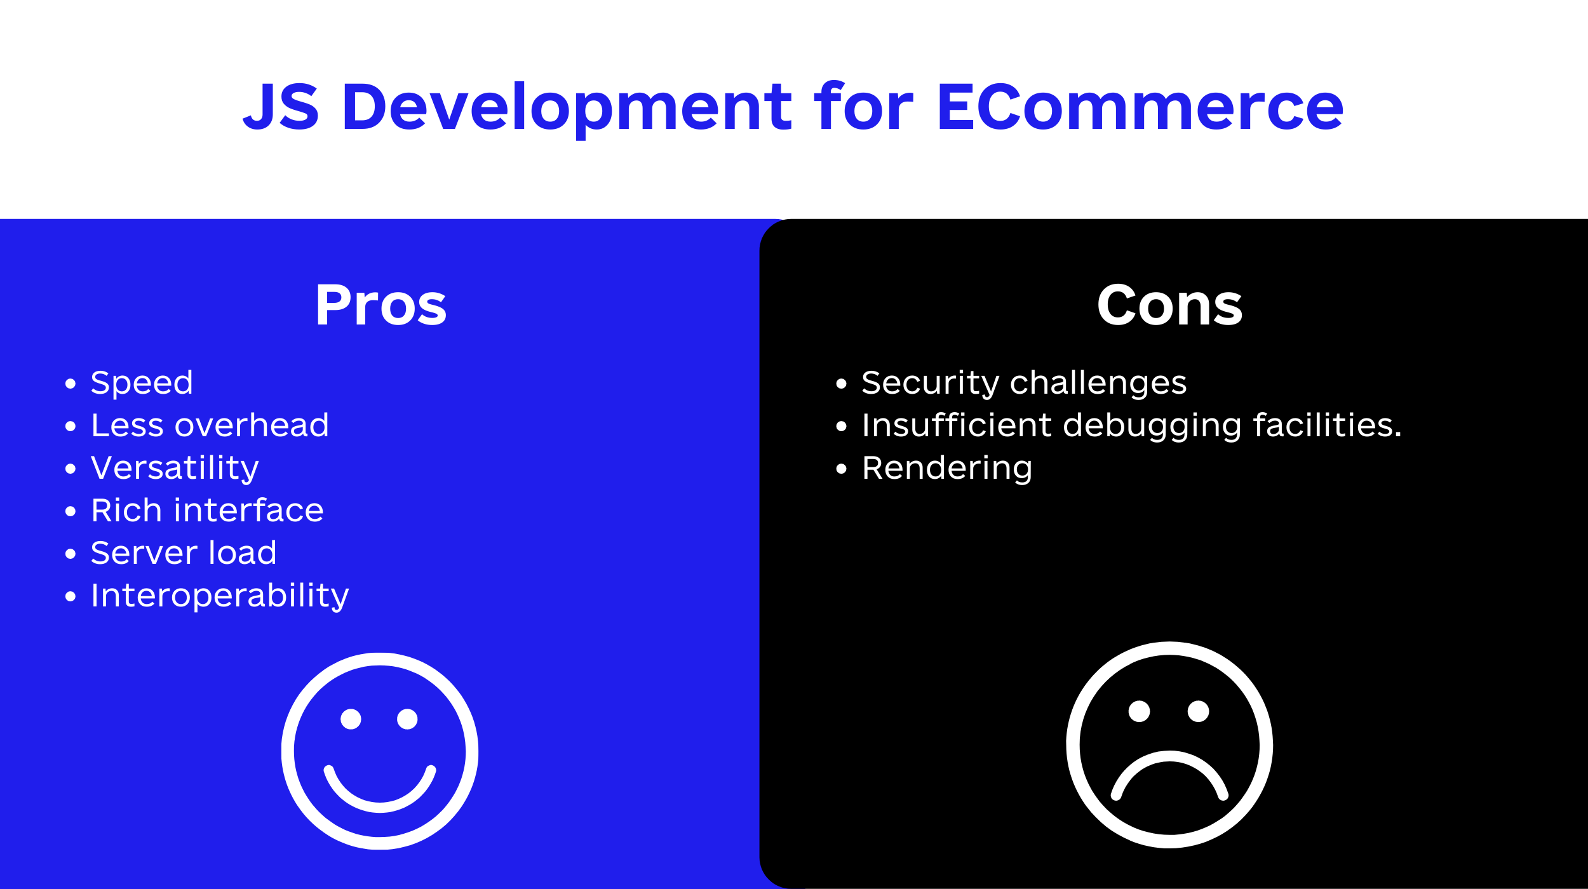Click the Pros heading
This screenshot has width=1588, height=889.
tap(380, 305)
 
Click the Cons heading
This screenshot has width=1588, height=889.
tap(1169, 305)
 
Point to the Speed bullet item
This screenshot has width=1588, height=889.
tap(142, 384)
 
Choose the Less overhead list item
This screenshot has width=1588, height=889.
tap(210, 425)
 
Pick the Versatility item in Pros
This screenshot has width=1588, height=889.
tap(175, 469)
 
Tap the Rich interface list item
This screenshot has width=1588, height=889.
tap(207, 510)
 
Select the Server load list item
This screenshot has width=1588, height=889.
tap(184, 552)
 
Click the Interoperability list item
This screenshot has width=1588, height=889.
tap(220, 596)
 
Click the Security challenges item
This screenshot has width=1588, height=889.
tap(1024, 384)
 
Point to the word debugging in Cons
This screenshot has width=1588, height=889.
tap(1152, 426)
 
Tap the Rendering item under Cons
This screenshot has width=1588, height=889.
tap(947, 469)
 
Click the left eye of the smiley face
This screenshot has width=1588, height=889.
tap(351, 719)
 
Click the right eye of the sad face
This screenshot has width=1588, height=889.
tap(1198, 711)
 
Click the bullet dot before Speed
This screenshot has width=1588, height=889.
tap(71, 384)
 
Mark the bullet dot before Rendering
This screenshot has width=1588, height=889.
tap(842, 469)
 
